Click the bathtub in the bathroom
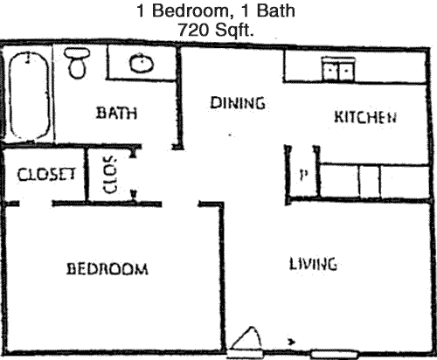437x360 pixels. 29,96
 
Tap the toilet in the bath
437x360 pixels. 77,63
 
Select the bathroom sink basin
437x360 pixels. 142,63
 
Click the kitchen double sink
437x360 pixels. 338,69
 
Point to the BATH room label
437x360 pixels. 116,113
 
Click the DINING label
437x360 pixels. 238,103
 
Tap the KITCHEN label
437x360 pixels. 365,117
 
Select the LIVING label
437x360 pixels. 313,265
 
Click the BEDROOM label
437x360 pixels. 108,269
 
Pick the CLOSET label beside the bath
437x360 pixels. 46,175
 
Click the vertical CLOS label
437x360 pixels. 110,175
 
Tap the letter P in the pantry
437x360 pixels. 303,175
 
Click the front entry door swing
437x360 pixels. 246,339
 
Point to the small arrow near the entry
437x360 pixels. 291,342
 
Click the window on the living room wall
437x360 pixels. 334,355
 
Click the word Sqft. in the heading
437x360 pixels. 234,31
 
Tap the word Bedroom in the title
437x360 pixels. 191,11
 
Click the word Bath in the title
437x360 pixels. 275,11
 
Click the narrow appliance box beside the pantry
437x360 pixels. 370,181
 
